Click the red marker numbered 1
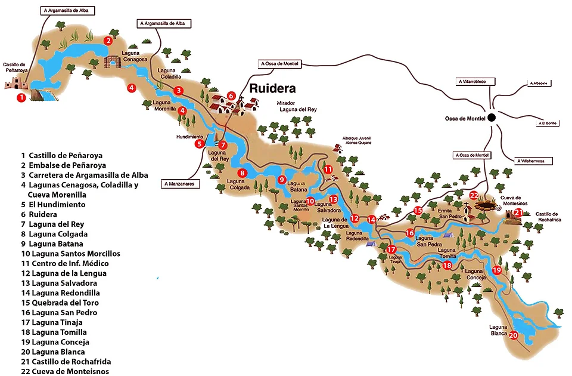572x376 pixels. click(x=21, y=97)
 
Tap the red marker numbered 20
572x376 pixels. click(x=513, y=335)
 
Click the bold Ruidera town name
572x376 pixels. click(x=272, y=89)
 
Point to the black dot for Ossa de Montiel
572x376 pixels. click(x=492, y=118)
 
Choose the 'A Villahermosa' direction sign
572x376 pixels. click(x=534, y=161)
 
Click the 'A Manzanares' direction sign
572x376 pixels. click(x=181, y=184)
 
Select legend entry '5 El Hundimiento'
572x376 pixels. click(x=53, y=204)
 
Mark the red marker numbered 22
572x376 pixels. click(x=474, y=195)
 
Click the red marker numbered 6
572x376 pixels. click(x=231, y=95)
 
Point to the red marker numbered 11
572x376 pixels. click(x=328, y=169)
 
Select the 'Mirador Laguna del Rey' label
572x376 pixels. click(x=294, y=106)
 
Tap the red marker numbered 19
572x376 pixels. click(x=497, y=270)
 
